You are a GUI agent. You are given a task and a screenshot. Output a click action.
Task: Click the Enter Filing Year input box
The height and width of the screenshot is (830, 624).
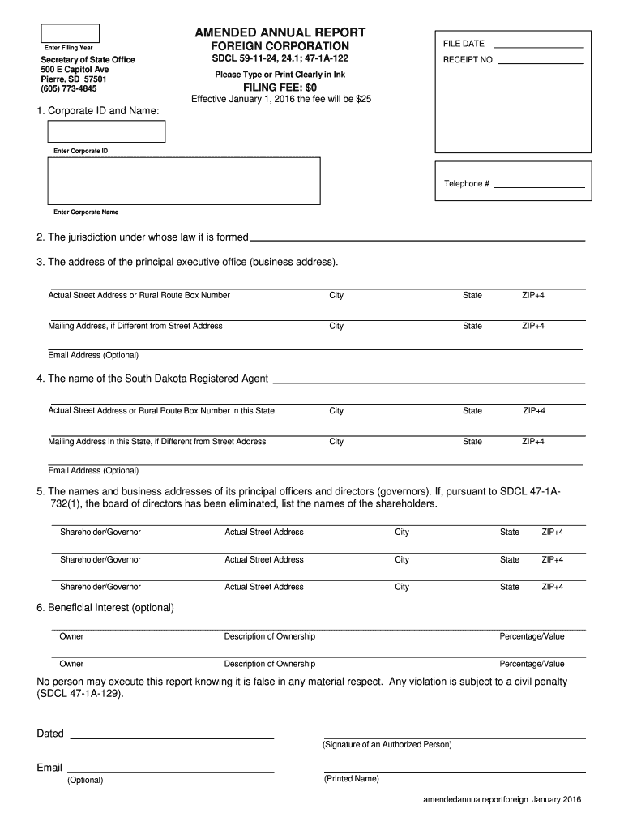(71, 33)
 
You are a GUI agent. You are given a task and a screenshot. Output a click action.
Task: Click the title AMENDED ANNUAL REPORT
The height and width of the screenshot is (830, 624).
(280, 32)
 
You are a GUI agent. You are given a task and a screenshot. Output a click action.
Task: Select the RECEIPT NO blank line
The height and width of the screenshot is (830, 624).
(540, 62)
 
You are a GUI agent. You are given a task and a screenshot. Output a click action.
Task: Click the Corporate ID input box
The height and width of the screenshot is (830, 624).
(106, 131)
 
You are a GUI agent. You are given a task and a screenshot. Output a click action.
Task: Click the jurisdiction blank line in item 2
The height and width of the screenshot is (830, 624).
(417, 239)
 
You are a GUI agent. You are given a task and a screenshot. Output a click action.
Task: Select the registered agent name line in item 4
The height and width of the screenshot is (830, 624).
(428, 380)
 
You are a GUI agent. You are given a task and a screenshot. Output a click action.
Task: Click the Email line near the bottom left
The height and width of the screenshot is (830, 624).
(170, 770)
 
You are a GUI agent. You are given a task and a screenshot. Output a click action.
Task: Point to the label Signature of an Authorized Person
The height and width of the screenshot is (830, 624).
(387, 744)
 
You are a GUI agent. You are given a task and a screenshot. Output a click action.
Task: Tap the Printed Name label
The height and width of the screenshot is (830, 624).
(351, 779)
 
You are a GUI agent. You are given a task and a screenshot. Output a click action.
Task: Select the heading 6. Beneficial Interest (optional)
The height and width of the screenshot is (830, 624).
(105, 607)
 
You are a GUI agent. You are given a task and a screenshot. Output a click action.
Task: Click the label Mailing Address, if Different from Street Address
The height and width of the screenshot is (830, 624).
(135, 326)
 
